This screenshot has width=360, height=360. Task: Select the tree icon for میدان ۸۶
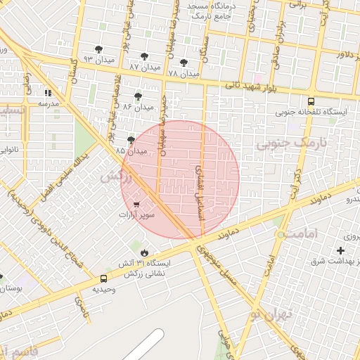click(137, 96)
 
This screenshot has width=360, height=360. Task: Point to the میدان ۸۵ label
click(131, 150)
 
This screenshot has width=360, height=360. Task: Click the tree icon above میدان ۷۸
click(184, 63)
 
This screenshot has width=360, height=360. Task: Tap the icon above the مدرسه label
click(49, 93)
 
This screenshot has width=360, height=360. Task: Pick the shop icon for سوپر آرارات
click(136, 205)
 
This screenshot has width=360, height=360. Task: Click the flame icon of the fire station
click(144, 252)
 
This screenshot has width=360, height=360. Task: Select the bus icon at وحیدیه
click(104, 278)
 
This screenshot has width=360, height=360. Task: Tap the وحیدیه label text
click(104, 289)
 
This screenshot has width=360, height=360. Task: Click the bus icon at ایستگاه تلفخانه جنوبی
click(311, 101)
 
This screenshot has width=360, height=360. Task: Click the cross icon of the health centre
click(341, 250)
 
